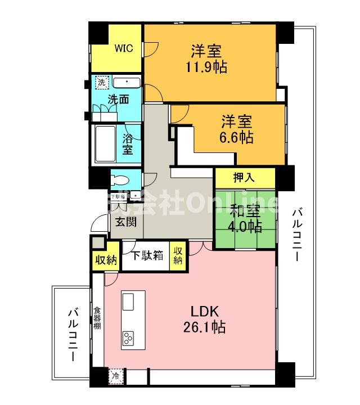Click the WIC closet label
(x=124, y=48)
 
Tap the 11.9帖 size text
(x=206, y=67)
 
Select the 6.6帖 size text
(x=236, y=137)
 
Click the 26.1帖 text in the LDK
(x=206, y=327)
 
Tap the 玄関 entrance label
(x=126, y=222)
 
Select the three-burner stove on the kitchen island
(x=129, y=339)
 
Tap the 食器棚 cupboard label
(x=97, y=318)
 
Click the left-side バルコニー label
(x=73, y=333)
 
